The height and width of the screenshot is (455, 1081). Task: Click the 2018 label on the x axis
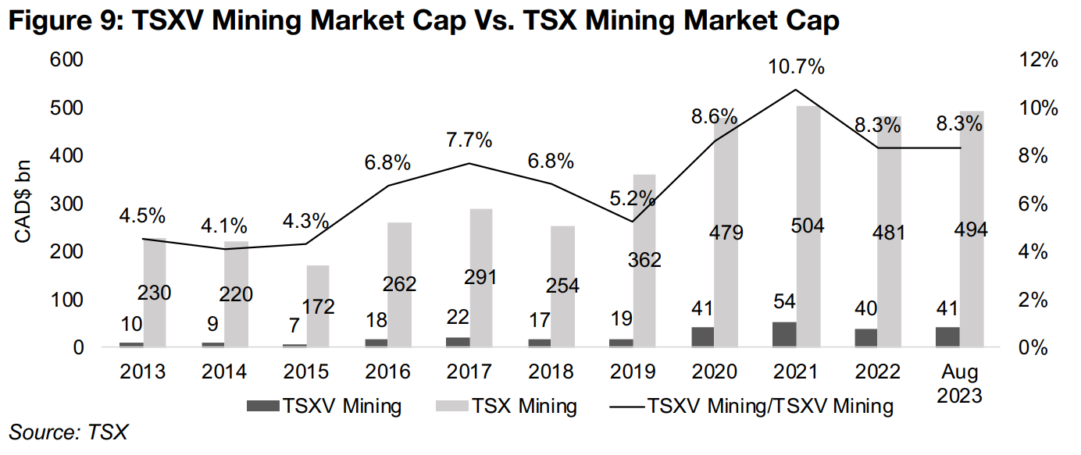coord(551,371)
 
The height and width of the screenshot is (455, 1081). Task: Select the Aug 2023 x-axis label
coord(959,383)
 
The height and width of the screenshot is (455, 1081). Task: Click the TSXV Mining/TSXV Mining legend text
coord(769,406)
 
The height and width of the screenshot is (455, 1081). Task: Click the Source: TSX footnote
coord(68,432)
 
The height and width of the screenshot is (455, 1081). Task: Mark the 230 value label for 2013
coord(155,293)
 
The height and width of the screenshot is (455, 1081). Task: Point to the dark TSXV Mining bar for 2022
coord(866,338)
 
